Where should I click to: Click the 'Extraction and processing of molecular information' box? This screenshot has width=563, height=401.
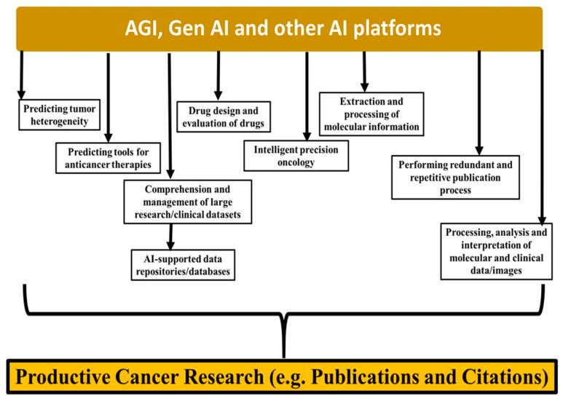click(371, 115)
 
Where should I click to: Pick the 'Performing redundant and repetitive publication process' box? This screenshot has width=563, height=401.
click(455, 177)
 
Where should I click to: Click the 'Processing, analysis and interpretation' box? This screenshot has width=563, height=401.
click(495, 251)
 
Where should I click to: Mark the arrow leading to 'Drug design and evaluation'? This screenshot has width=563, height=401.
click(217, 76)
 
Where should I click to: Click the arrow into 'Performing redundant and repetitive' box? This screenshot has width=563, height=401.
click(479, 102)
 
